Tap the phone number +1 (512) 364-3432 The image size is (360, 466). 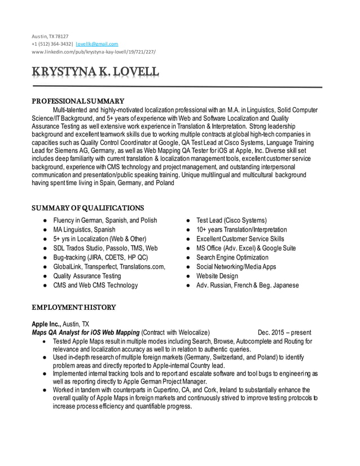point(51,43)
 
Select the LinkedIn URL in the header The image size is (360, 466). point(93,51)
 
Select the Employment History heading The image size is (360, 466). point(73,307)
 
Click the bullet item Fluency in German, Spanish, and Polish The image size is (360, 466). point(105,220)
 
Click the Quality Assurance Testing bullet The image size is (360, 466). point(87,276)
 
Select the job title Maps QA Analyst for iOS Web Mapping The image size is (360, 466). point(85,332)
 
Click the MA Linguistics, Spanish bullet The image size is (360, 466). point(84,230)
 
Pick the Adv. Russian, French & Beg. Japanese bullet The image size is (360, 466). point(247,285)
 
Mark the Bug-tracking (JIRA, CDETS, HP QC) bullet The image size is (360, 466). point(100,257)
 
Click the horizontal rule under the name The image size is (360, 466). point(177,87)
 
